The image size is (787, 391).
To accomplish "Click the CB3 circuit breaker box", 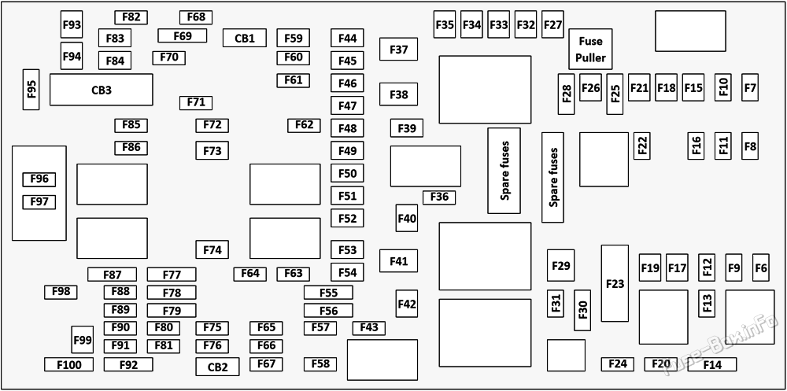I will click(x=101, y=90).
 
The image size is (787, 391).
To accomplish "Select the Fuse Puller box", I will click(x=590, y=50).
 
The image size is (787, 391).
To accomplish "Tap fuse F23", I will click(x=615, y=283).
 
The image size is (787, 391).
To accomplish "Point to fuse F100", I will click(x=68, y=364).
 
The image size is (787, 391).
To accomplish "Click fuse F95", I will click(x=31, y=90).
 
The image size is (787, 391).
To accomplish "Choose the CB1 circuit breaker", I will click(x=244, y=38).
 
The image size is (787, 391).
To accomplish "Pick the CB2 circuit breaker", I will click(x=217, y=367).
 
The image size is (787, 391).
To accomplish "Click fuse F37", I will click(x=398, y=50).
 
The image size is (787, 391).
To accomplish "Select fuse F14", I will click(x=711, y=364).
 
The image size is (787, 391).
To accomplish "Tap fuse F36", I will click(x=439, y=197).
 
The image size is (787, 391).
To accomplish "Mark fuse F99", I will click(x=82, y=340).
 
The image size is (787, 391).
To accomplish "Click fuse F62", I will click(x=304, y=125).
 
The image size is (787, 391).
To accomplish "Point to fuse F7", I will click(x=749, y=88).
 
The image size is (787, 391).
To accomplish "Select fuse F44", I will click(x=347, y=38).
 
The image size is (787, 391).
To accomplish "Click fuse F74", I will click(x=212, y=249).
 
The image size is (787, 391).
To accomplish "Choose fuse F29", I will click(x=560, y=266).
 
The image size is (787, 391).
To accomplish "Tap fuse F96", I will click(x=39, y=179).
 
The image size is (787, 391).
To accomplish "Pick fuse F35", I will click(x=445, y=25).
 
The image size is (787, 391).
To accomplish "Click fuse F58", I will click(x=320, y=363).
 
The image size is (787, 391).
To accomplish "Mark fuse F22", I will click(x=642, y=145).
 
